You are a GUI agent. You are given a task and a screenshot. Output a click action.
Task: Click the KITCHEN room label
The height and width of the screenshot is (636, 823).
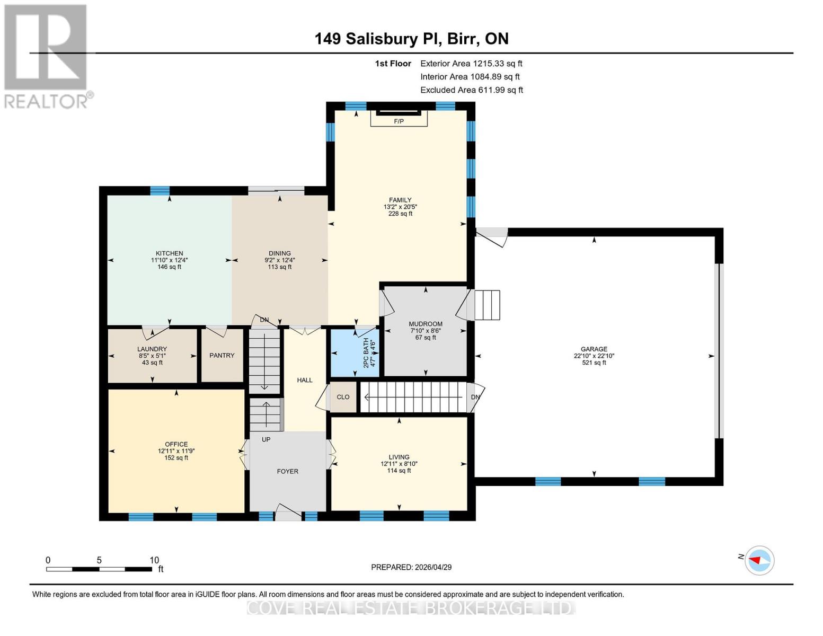(x=169, y=253)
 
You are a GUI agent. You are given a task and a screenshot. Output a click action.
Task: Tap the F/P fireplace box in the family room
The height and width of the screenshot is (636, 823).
(x=399, y=121)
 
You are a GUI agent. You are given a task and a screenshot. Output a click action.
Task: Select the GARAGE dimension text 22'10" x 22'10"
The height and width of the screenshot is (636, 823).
(x=594, y=356)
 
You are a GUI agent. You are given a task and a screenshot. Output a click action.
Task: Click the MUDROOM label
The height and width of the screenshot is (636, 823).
(x=426, y=324)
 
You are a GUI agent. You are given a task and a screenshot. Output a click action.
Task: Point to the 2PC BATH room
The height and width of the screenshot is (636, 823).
(x=355, y=353)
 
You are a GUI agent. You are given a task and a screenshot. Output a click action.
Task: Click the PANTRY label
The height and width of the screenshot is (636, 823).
(x=222, y=355)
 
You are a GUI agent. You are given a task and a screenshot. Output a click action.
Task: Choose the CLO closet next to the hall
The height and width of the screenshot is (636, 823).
(x=343, y=397)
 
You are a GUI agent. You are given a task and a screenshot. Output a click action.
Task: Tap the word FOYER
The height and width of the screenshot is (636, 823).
(x=288, y=471)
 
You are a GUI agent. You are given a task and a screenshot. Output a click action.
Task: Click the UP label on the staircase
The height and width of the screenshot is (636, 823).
(x=266, y=439)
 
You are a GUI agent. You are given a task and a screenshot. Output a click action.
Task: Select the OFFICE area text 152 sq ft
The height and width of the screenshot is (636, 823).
(x=176, y=458)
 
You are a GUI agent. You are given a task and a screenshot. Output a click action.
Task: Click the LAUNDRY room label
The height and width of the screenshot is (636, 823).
(x=152, y=349)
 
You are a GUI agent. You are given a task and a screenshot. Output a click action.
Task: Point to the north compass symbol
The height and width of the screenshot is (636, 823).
(x=759, y=560)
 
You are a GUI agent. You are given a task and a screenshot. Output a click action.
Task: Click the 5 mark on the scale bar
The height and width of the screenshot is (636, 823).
(x=99, y=560)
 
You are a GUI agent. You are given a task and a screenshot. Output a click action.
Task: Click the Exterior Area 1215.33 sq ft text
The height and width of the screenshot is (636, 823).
(x=471, y=64)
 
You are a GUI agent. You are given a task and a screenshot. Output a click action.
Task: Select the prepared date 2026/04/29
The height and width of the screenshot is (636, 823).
(x=411, y=567)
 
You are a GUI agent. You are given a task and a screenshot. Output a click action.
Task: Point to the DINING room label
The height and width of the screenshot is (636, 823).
(x=279, y=253)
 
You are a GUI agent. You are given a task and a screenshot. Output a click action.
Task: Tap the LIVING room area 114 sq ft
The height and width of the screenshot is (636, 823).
(x=399, y=471)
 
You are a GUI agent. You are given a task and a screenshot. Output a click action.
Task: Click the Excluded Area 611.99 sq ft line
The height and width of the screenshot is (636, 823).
(x=472, y=90)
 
